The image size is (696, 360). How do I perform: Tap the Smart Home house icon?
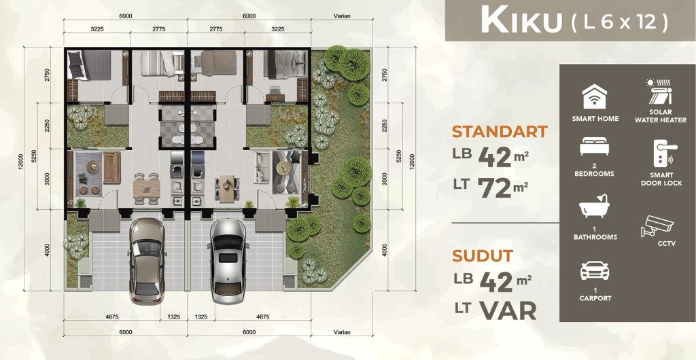click(595, 97)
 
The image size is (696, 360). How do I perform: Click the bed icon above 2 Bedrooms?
click(594, 146)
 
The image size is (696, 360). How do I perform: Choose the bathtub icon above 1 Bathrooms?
click(594, 206)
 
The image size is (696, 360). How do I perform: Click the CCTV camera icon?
click(657, 226)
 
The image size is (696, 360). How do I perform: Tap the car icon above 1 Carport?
click(595, 270)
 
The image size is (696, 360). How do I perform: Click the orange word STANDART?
click(500, 132)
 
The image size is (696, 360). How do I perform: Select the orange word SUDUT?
click(483, 256)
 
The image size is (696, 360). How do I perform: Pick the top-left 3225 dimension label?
click(97, 29)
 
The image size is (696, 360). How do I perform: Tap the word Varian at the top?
click(342, 16)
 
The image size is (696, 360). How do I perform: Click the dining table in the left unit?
click(146, 189)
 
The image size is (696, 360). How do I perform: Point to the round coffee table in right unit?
click(283, 168)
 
